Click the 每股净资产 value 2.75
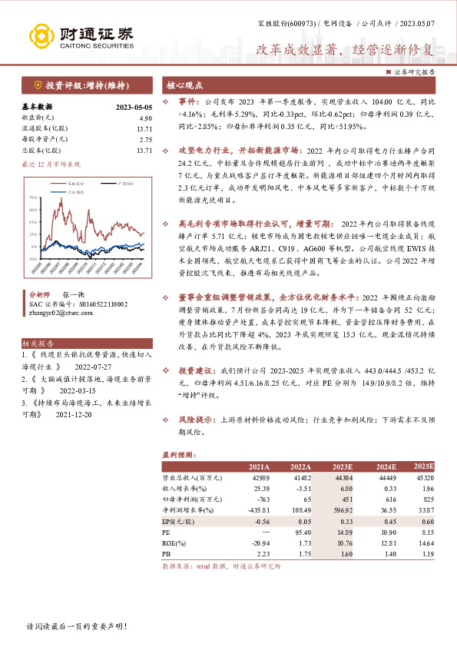[146, 140]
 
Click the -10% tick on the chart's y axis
[32, 260]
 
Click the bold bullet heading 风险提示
[196, 421]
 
